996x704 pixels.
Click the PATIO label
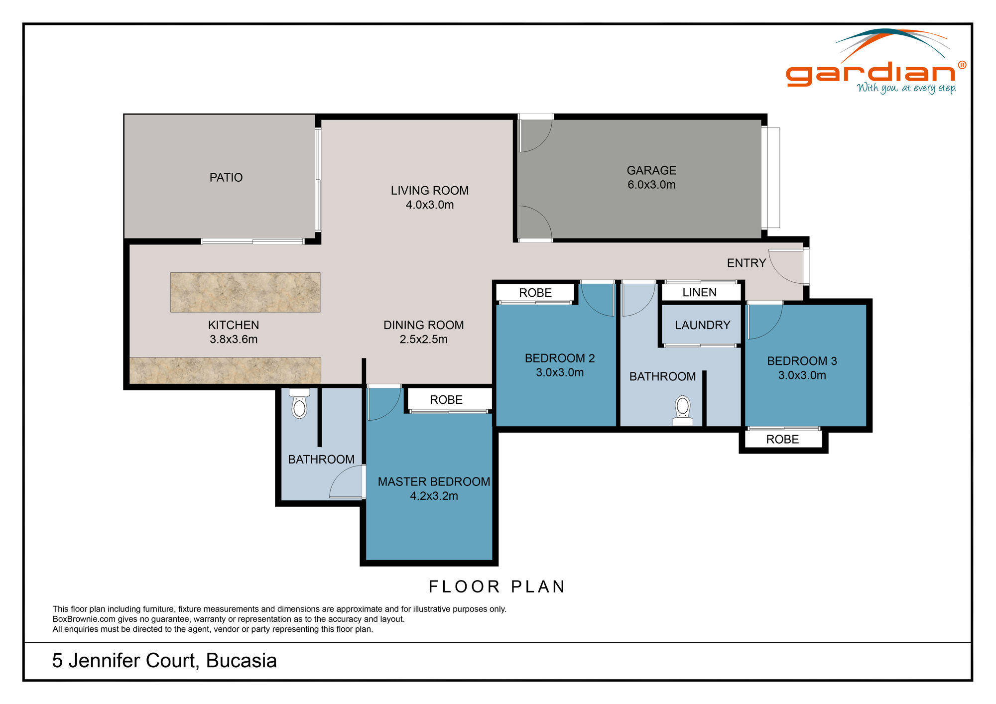click(x=226, y=178)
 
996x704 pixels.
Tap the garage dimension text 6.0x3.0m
click(x=651, y=185)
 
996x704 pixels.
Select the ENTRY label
click(x=746, y=263)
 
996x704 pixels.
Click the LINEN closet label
click(x=699, y=292)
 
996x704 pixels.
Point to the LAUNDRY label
click(x=702, y=325)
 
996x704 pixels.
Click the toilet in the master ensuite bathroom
click(x=299, y=406)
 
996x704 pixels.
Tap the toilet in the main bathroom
click(x=683, y=410)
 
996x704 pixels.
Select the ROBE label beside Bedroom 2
click(x=535, y=293)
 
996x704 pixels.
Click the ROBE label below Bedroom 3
click(x=782, y=439)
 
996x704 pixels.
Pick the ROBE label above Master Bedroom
click(x=446, y=400)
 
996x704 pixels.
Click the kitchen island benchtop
click(x=245, y=292)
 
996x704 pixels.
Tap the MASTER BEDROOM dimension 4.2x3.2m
click(x=434, y=496)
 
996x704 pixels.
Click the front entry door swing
click(x=785, y=266)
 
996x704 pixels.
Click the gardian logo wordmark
click(x=870, y=73)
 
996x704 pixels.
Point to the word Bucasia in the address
click(x=241, y=661)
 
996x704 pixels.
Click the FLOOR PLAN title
click(x=497, y=587)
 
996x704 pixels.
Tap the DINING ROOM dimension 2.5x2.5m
click(x=423, y=340)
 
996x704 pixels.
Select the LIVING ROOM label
click(x=429, y=191)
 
